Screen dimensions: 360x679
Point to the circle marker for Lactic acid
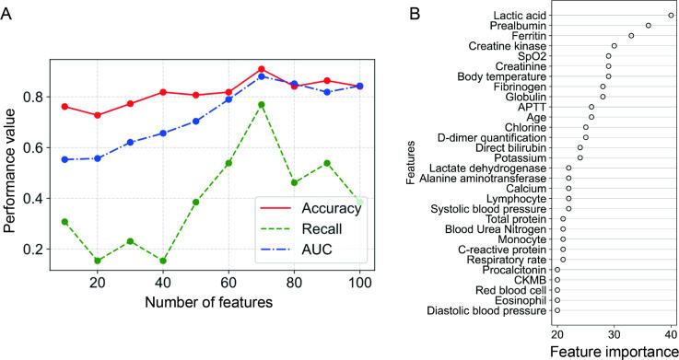pyautogui.click(x=671, y=16)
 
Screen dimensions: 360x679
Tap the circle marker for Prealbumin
pyautogui.click(x=649, y=26)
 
